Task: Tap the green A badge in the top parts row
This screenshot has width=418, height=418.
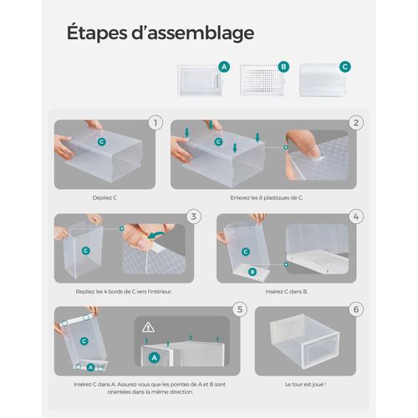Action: click(223, 66)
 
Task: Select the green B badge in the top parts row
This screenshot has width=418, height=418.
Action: click(283, 66)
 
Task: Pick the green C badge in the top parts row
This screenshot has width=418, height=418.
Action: click(344, 66)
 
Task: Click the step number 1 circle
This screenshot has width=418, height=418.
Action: click(153, 124)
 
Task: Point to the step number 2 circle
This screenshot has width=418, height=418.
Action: click(356, 124)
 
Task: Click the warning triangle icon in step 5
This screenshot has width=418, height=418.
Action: click(149, 327)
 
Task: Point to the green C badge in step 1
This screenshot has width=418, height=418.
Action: click(101, 143)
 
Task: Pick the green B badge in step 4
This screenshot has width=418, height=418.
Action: click(251, 272)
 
